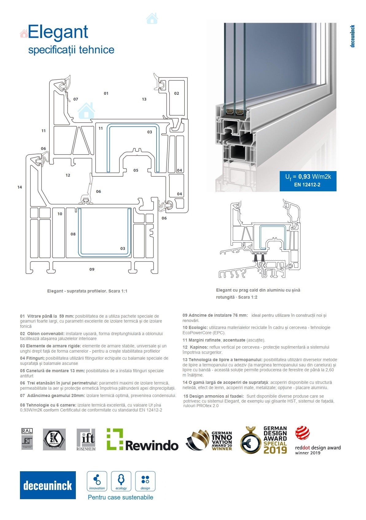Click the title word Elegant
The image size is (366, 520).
(x=58, y=32)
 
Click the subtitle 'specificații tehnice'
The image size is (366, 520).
(x=71, y=50)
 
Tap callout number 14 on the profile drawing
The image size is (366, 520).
(x=20, y=187)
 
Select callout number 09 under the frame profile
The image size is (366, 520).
(x=92, y=269)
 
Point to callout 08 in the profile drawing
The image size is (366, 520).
(x=73, y=234)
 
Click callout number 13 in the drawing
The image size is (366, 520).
(x=144, y=99)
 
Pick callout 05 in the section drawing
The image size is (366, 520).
(x=136, y=170)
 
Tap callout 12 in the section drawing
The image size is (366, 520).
(x=68, y=175)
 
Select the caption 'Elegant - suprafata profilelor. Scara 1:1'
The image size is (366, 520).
(x=87, y=291)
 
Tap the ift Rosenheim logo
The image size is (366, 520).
(x=86, y=440)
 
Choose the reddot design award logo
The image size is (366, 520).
(x=318, y=440)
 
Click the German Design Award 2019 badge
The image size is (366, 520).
(x=264, y=440)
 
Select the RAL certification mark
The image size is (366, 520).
(x=27, y=439)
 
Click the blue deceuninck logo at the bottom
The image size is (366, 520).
(x=48, y=485)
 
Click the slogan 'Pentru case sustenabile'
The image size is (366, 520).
(x=120, y=497)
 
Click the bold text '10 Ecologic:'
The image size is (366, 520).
(x=195, y=327)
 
